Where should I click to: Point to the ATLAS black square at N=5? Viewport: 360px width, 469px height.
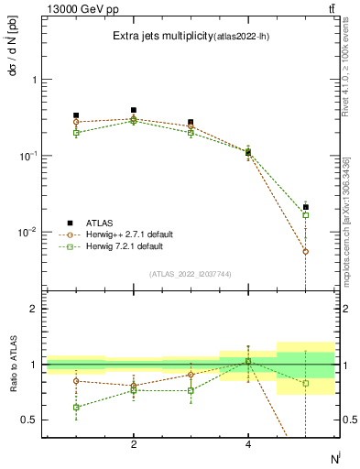tap(306, 207)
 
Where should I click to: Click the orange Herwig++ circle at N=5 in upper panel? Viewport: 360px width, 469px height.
tap(306, 251)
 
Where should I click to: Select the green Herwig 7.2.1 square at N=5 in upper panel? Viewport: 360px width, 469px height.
tap(306, 215)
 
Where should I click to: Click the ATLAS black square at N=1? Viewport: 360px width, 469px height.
tap(76, 115)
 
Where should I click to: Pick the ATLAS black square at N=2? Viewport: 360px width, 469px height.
tap(134, 110)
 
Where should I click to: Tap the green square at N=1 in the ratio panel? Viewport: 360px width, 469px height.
tap(76, 407)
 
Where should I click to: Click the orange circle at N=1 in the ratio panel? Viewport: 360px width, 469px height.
tap(76, 381)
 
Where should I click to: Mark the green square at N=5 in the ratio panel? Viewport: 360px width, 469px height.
tap(306, 383)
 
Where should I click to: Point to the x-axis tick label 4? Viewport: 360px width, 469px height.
tap(248, 444)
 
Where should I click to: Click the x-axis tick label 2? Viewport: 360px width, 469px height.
tap(134, 444)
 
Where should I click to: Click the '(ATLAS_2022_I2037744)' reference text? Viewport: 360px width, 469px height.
tap(191, 274)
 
